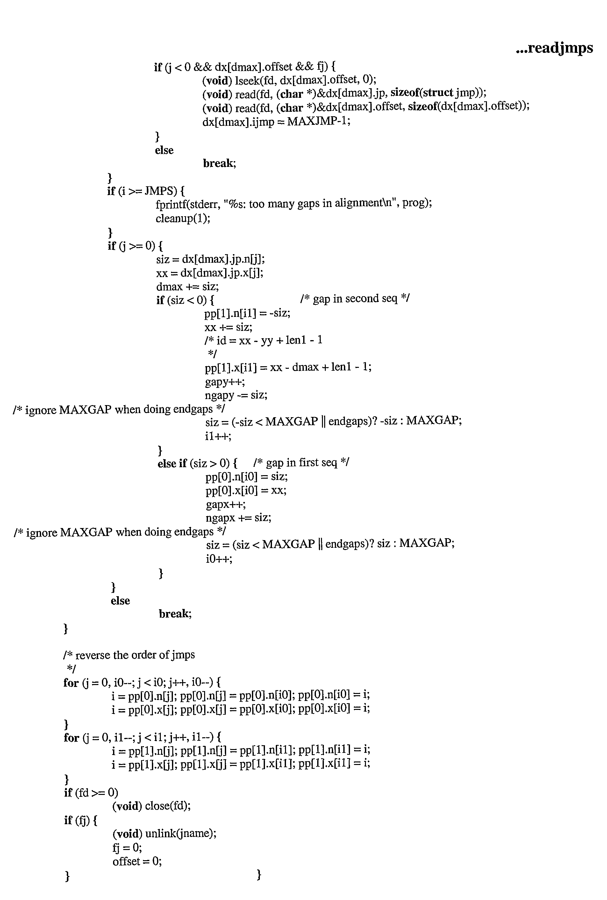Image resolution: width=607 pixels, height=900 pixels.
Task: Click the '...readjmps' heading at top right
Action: point(554,48)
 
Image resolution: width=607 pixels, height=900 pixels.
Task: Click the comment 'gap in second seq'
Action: point(355,298)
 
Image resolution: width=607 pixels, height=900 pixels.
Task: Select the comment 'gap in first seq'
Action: point(301,463)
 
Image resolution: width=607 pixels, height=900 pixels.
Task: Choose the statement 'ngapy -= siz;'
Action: point(236,395)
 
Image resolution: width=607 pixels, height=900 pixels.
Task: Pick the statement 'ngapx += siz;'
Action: point(239,518)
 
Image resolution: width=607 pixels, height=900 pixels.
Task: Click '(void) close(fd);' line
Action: point(151,806)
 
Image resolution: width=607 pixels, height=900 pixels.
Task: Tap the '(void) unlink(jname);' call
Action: point(165,833)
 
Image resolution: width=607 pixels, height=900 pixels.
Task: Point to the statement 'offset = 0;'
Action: point(137,861)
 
